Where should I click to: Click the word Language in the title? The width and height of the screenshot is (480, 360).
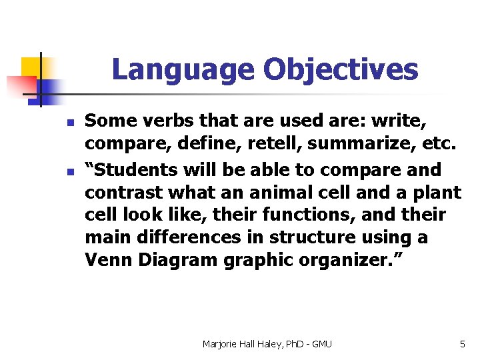(182, 70)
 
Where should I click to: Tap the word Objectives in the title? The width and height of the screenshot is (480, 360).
(341, 70)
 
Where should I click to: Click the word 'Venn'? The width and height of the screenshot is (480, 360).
(108, 260)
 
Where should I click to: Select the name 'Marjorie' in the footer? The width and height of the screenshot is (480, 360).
(221, 344)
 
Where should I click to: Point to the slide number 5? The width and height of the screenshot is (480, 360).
(462, 344)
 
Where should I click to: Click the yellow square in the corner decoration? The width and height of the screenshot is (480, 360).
(31, 67)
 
